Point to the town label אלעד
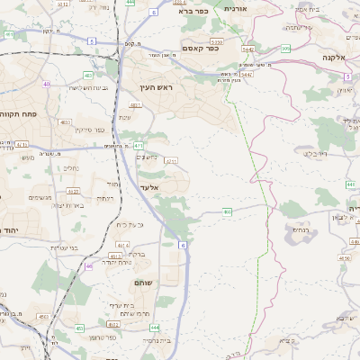150,186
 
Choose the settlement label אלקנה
337,57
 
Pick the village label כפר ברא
193,13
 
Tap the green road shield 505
285,49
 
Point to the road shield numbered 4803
66,121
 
